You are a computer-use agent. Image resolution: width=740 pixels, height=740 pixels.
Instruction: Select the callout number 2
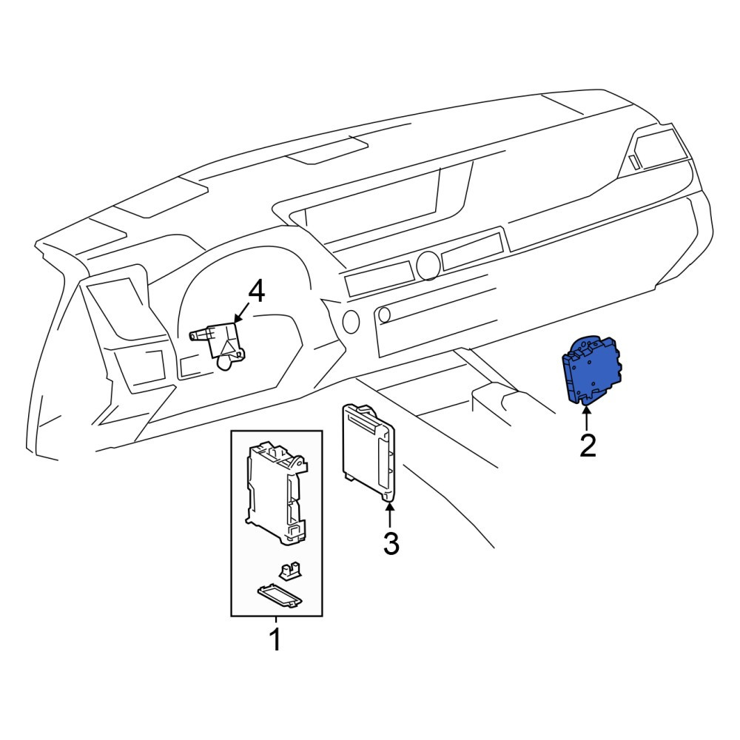pyautogui.click(x=588, y=445)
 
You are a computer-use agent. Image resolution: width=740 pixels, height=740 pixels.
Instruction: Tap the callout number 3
pyautogui.click(x=391, y=543)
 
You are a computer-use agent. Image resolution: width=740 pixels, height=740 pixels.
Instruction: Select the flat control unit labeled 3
pyautogui.click(x=368, y=450)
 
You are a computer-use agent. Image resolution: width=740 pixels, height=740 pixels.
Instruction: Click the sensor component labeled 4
pyautogui.click(x=218, y=343)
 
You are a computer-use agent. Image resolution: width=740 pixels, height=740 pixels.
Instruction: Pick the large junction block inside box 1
pyautogui.click(x=276, y=492)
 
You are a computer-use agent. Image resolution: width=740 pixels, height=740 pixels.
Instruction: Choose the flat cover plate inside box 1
pyautogui.click(x=280, y=596)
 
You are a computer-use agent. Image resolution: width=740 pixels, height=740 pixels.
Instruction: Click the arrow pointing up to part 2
pyautogui.click(x=587, y=417)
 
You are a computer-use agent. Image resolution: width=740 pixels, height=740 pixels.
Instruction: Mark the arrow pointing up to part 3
pyautogui.click(x=390, y=515)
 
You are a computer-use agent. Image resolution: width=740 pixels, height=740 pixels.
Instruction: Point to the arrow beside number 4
pyautogui.click(x=242, y=312)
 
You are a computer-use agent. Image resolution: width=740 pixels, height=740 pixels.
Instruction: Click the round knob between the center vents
pyautogui.click(x=428, y=265)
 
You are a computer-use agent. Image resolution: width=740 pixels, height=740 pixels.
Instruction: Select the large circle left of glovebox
pyautogui.click(x=351, y=321)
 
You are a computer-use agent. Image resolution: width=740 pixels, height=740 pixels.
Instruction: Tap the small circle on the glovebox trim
pyautogui.click(x=385, y=314)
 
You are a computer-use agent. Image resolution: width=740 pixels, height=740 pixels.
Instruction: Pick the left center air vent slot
pyautogui.click(x=379, y=278)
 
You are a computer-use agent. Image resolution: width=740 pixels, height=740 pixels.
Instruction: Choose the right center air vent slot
pyautogui.click(x=472, y=251)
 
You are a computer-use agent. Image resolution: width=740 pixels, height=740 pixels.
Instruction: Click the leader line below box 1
pyautogui.click(x=275, y=622)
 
